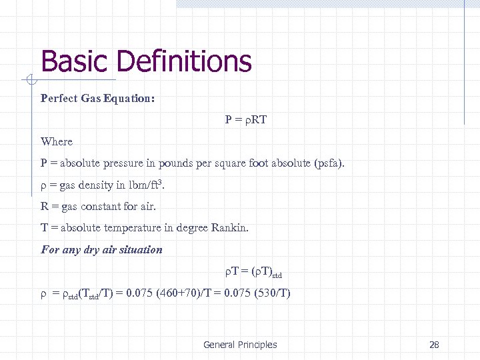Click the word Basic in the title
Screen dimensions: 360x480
(74, 62)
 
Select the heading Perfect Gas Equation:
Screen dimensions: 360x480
(97, 99)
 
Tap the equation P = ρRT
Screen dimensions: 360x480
(245, 120)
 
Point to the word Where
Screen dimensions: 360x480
(57, 141)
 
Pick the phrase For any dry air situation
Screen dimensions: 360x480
(101, 250)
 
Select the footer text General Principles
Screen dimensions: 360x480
(240, 345)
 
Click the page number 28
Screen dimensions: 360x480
(434, 345)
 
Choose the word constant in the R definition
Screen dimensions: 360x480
(114, 207)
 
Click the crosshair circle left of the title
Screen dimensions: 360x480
(29, 81)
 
